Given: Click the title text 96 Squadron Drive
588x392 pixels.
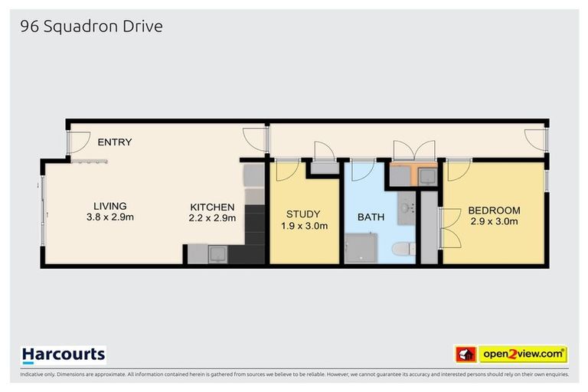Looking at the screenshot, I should click(x=92, y=27).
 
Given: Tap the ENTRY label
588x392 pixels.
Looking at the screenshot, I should click(x=114, y=142).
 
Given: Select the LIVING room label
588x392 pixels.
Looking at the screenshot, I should click(x=109, y=206).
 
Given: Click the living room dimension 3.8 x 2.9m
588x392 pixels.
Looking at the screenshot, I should click(x=109, y=217).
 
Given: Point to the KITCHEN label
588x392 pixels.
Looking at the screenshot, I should click(x=213, y=207).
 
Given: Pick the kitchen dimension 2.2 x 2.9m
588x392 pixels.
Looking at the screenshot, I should click(x=213, y=218).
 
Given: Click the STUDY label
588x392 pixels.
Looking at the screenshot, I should click(x=303, y=214).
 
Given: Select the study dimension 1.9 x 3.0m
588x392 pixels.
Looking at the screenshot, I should click(x=303, y=226).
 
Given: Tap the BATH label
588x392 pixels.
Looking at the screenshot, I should click(x=371, y=217).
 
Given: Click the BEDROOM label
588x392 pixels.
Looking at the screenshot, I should click(x=494, y=211).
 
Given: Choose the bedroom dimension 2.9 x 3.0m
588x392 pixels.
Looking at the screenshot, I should click(x=494, y=222).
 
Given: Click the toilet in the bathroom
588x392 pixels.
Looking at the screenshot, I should click(x=402, y=249).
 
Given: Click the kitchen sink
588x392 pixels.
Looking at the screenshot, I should click(x=216, y=253).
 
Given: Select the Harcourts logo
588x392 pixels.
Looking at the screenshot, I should click(x=64, y=354).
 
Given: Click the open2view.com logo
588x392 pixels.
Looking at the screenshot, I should click(x=522, y=354).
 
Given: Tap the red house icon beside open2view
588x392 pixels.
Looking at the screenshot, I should click(x=465, y=354).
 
